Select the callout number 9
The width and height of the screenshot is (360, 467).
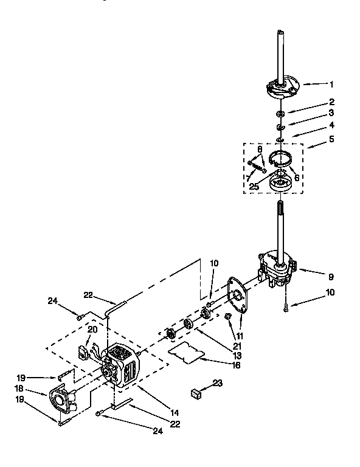(331, 277)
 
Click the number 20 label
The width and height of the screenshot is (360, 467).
(92, 329)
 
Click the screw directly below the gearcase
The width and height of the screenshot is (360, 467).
(285, 308)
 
